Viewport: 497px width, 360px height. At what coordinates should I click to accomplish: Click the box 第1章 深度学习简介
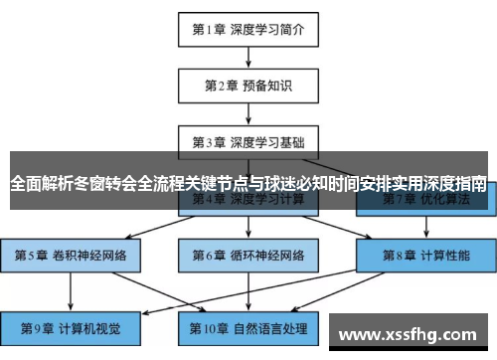[x=248, y=29]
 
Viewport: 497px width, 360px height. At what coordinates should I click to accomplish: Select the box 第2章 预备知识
[x=248, y=85]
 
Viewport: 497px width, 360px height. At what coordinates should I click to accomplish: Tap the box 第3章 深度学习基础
[x=248, y=141]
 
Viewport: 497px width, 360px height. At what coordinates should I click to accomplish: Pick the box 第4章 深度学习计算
[x=248, y=200]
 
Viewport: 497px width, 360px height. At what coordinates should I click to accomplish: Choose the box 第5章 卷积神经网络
[x=71, y=255]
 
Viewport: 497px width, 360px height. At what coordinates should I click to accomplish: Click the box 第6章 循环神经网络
[x=248, y=255]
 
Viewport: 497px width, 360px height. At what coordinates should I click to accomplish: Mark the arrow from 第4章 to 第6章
[x=248, y=227]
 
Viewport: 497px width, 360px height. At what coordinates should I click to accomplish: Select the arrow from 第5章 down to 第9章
[x=71, y=289]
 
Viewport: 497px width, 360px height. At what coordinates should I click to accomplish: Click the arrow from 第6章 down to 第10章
[x=248, y=289]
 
